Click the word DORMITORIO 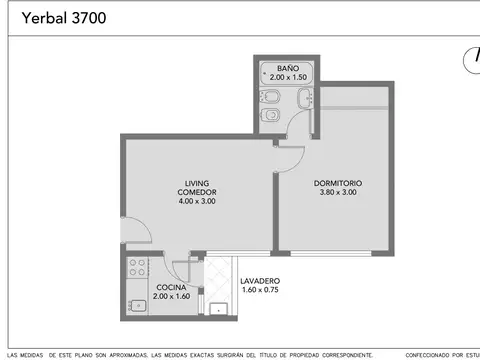point(337,183)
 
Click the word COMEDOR point(197,192)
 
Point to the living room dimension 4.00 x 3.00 point(197,201)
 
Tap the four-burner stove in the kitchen point(137,269)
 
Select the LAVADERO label point(261,281)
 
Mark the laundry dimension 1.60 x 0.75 point(261,290)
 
